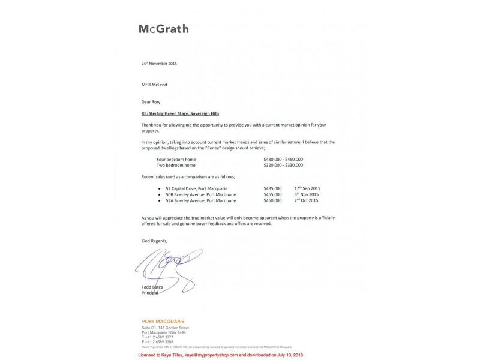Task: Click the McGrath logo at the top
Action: tap(163, 29)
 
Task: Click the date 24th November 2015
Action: tap(159, 63)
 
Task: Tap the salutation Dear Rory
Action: tap(151, 102)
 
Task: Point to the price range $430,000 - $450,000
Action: tap(283, 159)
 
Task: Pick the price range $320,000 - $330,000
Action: tap(283, 165)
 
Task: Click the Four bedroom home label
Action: tap(176, 159)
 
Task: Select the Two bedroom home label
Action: tap(176, 165)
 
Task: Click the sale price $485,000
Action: tap(273, 188)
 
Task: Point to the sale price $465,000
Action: tap(273, 194)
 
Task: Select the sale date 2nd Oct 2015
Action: tap(306, 200)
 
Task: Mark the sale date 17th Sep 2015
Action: tap(307, 188)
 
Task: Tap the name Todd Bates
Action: tap(152, 287)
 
